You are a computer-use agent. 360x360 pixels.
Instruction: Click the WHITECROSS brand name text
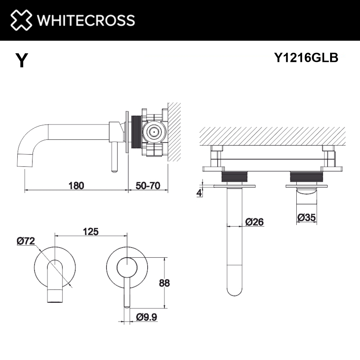pos(86,20)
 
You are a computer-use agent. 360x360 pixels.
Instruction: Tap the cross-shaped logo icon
pos(21,20)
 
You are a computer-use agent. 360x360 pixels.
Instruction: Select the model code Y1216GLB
pos(306,57)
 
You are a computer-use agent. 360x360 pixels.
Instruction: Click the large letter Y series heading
pos(22,60)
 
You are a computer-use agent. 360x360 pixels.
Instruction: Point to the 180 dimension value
pos(76,185)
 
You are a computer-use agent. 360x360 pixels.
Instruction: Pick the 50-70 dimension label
pos(148,185)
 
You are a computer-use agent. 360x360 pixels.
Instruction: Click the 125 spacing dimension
pos(91,231)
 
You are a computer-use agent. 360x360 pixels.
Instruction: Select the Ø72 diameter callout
pos(26,241)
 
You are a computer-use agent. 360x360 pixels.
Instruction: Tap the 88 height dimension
pos(165,283)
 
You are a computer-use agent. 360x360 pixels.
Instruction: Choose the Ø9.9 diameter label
pos(147,317)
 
